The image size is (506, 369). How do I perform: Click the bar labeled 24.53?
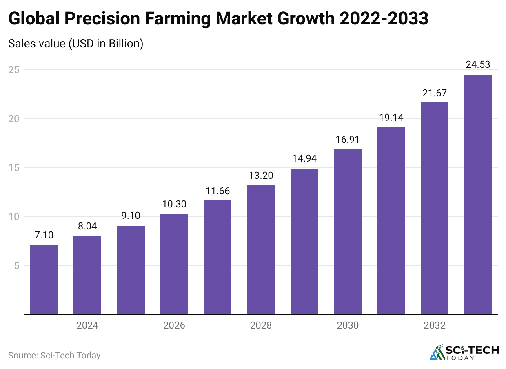(x=478, y=195)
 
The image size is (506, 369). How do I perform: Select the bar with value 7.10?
(x=44, y=280)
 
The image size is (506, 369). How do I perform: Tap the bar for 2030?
(x=348, y=232)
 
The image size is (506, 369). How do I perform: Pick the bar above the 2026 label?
(x=174, y=264)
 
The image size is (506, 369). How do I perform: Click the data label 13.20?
(x=261, y=176)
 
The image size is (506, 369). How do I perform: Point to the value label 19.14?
(x=391, y=118)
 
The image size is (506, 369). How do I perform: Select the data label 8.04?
(x=87, y=227)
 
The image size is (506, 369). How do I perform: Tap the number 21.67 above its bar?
(x=435, y=93)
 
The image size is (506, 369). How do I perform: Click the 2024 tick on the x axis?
(x=87, y=326)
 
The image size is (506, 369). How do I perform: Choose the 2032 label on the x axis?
(x=435, y=326)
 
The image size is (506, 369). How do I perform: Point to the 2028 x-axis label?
(x=261, y=326)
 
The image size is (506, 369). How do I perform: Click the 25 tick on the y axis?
(x=14, y=70)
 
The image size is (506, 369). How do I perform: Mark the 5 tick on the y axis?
(x=17, y=266)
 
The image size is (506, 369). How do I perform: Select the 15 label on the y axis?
(x=14, y=168)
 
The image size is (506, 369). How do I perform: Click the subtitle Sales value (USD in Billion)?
(x=75, y=43)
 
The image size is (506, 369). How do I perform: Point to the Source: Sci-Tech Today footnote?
(x=54, y=356)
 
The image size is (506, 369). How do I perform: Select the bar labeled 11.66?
(x=217, y=258)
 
